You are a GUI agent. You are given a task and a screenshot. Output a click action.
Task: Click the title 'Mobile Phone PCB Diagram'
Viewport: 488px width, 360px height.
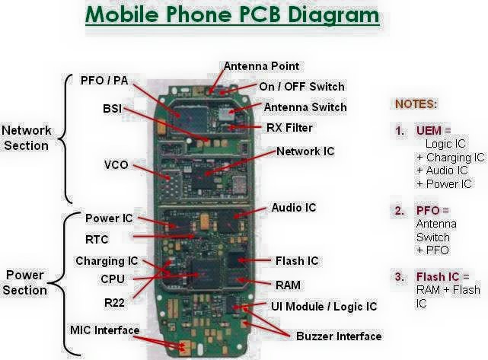(x=231, y=14)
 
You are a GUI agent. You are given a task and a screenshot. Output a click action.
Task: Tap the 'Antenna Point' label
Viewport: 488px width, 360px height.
(x=261, y=66)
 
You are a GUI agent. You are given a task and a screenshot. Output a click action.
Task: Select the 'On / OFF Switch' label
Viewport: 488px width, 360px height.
(x=301, y=87)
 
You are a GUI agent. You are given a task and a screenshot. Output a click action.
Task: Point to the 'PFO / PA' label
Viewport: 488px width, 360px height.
(x=104, y=80)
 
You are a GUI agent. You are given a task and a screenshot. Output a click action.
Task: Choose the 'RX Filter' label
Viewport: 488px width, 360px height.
(x=289, y=128)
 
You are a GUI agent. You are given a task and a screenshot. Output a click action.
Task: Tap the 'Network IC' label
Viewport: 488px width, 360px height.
(x=305, y=151)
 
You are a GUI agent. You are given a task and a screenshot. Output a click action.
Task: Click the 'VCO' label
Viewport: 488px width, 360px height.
(x=116, y=164)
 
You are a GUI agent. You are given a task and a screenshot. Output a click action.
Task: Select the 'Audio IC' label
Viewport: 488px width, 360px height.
(x=293, y=207)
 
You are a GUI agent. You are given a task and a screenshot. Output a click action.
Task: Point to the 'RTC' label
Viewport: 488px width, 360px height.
(x=97, y=239)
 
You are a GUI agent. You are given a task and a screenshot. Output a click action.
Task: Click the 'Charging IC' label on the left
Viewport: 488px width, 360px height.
(x=107, y=261)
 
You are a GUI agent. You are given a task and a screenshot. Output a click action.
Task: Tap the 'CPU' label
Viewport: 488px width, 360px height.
(x=112, y=279)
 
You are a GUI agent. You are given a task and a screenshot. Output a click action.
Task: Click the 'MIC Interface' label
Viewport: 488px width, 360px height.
(x=104, y=330)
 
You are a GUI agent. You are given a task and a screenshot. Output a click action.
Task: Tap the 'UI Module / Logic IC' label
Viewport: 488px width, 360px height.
(x=324, y=306)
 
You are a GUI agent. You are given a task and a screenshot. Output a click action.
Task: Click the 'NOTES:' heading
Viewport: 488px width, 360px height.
(x=416, y=104)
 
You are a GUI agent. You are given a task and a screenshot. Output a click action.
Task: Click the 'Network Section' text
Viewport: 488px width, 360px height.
(x=26, y=137)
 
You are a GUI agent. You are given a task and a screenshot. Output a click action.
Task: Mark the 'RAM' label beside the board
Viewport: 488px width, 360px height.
(x=288, y=285)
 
